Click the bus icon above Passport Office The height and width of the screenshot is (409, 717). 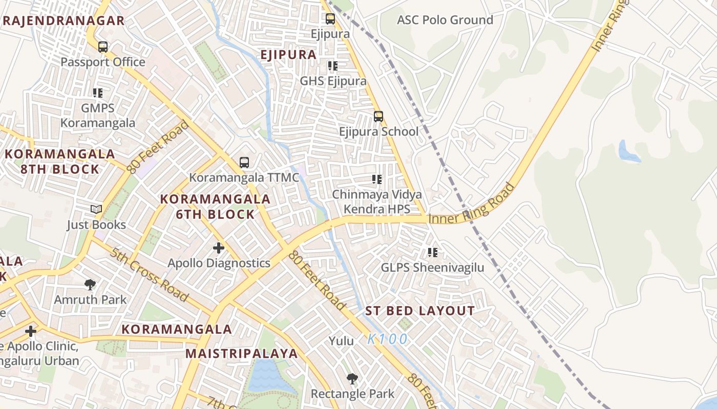tap(103, 47)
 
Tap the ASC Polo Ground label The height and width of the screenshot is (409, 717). tap(445, 20)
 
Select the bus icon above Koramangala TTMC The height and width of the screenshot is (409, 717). tap(244, 163)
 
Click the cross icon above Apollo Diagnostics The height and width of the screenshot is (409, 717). tap(219, 248)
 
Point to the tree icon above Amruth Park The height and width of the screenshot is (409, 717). tap(90, 284)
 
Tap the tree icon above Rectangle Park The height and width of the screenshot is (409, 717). tap(352, 379)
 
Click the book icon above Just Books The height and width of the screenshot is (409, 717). tap(96, 209)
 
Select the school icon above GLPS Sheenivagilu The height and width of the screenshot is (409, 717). tap(433, 252)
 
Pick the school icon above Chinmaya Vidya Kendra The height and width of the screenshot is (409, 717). tap(377, 179)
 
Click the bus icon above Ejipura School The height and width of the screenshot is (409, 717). tap(378, 117)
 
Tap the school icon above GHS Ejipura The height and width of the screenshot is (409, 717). tap(333, 66)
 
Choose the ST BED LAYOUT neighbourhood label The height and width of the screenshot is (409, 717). tap(420, 311)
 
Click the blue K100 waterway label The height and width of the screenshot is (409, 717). tap(388, 339)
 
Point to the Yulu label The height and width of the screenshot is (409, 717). tap(341, 341)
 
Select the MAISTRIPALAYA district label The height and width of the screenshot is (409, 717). tap(241, 353)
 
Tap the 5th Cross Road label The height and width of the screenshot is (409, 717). tap(149, 275)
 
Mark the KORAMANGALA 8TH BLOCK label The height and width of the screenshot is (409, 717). tap(60, 162)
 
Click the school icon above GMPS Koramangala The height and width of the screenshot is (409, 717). tap(98, 93)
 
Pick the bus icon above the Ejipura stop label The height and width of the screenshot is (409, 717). tap(330, 19)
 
